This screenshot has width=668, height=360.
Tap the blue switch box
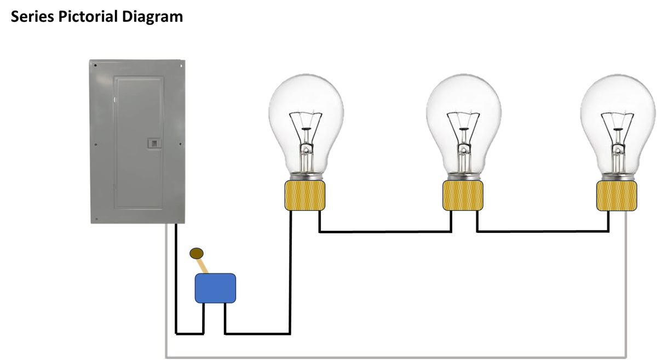pyautogui.click(x=216, y=288)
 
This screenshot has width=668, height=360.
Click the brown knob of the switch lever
pyautogui.click(x=197, y=253)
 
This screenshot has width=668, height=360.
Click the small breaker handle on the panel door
pyautogui.click(x=154, y=143)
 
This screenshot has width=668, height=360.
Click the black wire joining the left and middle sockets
pyautogui.click(x=383, y=232)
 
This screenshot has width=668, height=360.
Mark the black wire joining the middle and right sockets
pyautogui.click(x=542, y=232)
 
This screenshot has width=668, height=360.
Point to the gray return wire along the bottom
pyautogui.click(x=394, y=357)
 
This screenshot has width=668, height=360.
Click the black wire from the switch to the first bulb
pyautogui.click(x=290, y=274)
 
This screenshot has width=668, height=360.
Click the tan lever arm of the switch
pyautogui.click(x=203, y=266)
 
